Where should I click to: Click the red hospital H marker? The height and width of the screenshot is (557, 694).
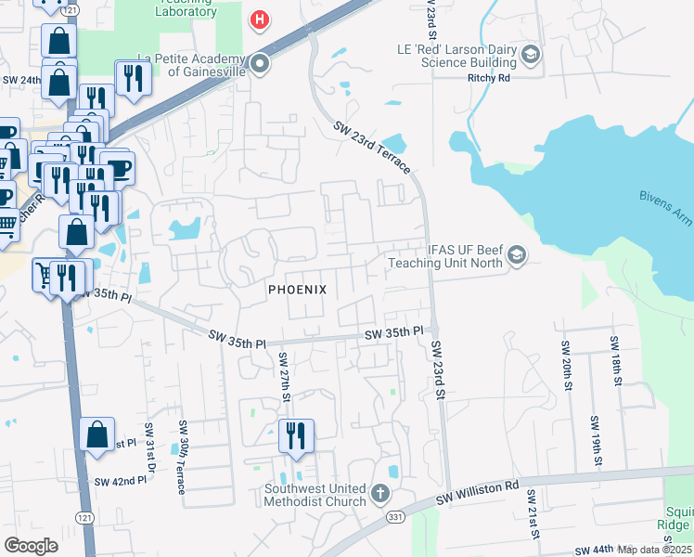tap(261, 19)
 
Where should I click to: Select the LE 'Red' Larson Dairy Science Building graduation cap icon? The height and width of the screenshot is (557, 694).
tap(531, 55)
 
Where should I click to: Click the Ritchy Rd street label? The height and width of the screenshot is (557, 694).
tap(490, 79)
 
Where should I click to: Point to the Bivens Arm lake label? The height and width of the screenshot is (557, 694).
tap(666, 201)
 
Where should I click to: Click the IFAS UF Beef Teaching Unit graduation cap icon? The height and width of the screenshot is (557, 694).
tap(518, 255)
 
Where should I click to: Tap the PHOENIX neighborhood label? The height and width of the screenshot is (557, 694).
tap(297, 290)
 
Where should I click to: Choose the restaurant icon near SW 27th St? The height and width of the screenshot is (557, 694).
tap(296, 435)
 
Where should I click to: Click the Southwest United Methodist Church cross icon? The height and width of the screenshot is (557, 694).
tap(379, 494)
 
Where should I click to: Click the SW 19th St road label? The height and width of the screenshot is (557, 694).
tap(595, 441)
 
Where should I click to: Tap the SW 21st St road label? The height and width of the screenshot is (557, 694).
tap(533, 514)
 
